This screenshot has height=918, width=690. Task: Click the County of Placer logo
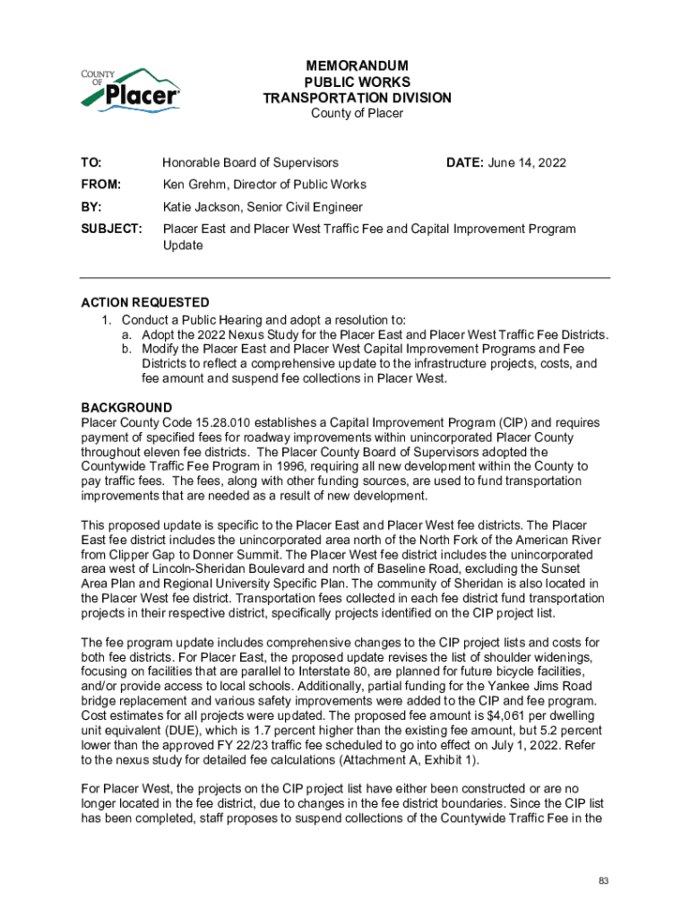131,88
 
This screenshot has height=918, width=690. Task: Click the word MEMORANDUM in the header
357,66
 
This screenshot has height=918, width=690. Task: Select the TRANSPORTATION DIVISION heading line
357,98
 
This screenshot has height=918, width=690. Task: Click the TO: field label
91,163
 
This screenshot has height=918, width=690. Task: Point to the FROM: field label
100,185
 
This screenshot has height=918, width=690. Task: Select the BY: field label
91,207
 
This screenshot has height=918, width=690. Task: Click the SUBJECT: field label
111,229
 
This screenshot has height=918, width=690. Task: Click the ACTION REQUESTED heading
145,302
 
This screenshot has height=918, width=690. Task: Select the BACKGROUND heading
126,408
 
